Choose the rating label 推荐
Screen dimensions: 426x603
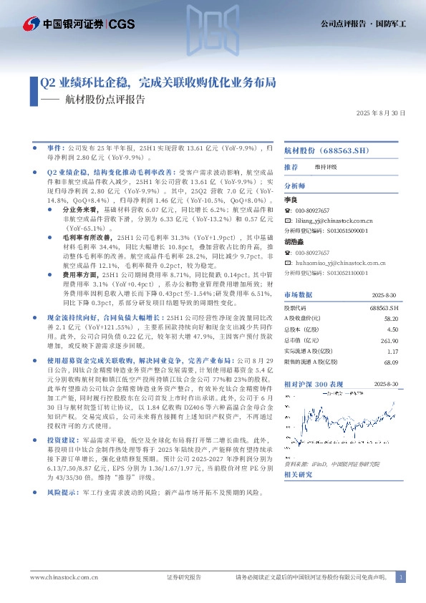tap(291, 167)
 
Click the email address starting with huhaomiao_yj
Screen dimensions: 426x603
tap(336, 263)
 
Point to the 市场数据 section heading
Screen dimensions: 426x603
tap(299, 294)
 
